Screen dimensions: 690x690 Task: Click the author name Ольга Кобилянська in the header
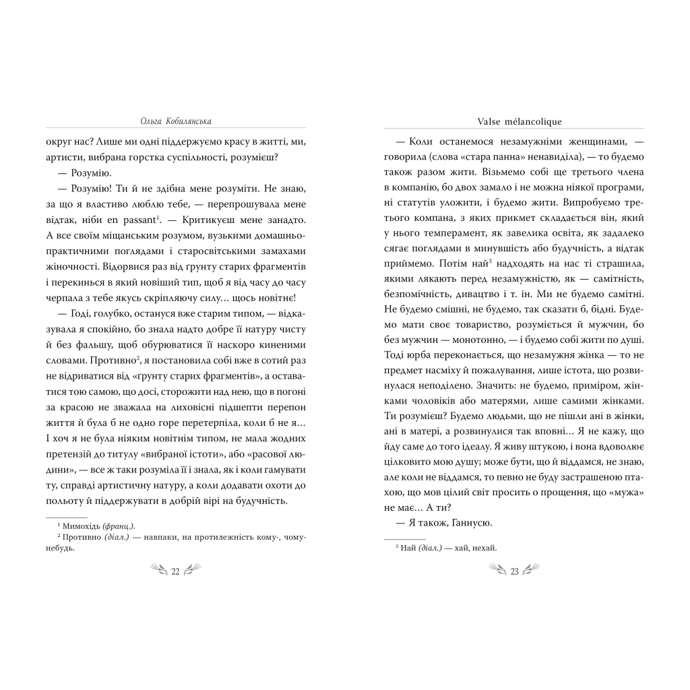click(x=175, y=121)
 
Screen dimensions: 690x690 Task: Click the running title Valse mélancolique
click(x=514, y=121)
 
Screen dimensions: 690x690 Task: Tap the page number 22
click(x=175, y=572)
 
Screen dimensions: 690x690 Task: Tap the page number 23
click(x=513, y=572)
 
